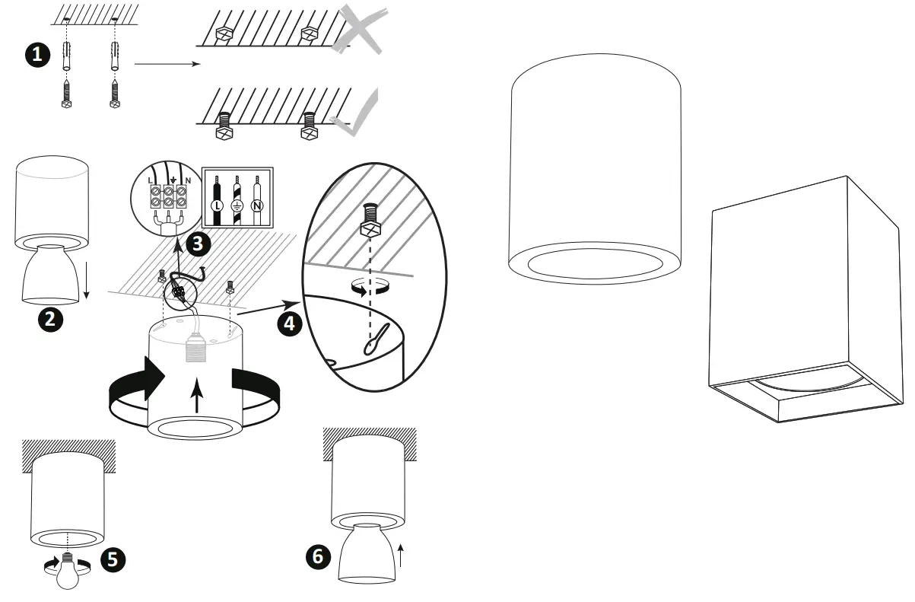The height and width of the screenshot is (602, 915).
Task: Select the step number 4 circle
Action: pos(288,323)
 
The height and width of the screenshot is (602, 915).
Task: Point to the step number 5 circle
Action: pos(112,559)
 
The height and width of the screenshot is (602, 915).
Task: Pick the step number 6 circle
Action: pos(318,556)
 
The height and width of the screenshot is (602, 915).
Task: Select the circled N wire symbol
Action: pos(257,205)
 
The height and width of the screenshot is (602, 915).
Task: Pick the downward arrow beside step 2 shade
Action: pos(87,286)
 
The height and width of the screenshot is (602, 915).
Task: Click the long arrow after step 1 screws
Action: pos(167,64)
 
